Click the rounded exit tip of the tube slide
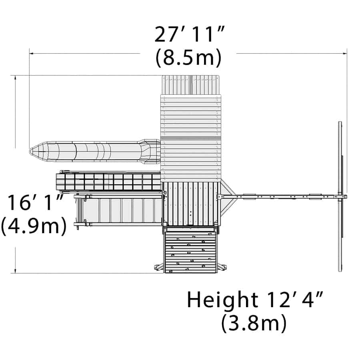click(34, 151)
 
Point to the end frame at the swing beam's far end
click(340, 196)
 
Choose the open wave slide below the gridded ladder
click(120, 210)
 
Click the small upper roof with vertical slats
click(191, 85)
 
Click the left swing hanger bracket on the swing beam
click(249, 196)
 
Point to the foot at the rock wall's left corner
click(158, 267)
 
